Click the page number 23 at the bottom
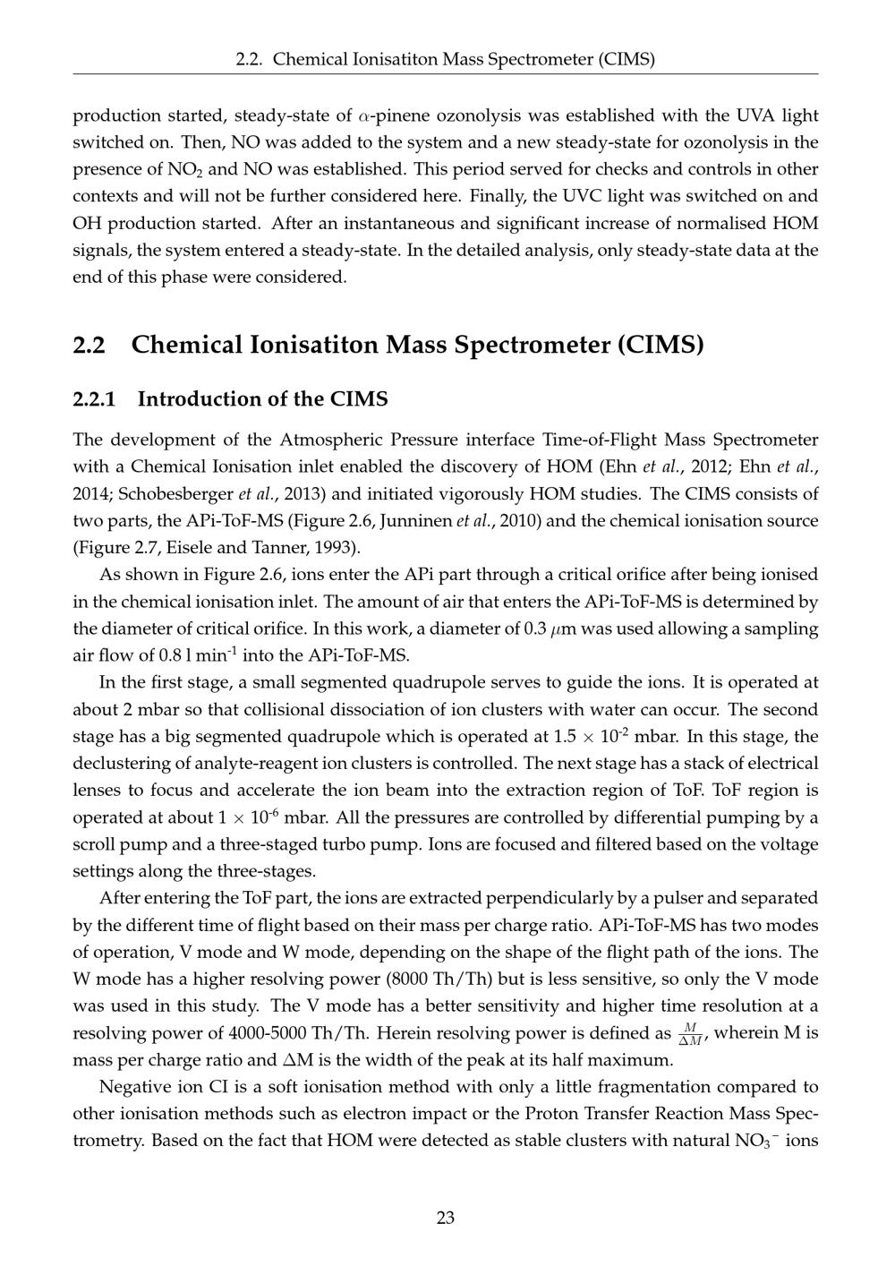click(446, 1218)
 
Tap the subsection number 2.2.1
click(94, 399)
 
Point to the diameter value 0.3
click(534, 629)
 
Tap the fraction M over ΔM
click(688, 1033)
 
